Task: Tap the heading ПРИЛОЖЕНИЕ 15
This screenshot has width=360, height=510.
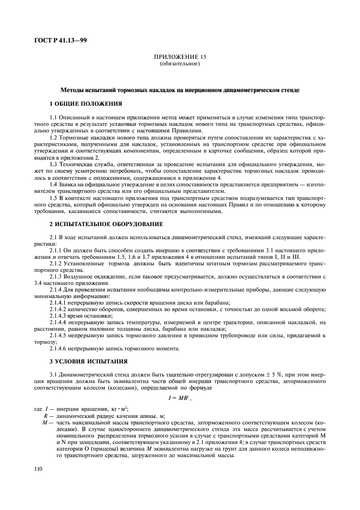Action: tap(180, 57)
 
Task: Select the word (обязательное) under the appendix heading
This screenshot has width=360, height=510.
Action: tap(180, 63)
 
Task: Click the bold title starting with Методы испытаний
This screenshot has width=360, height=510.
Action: tap(180, 89)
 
